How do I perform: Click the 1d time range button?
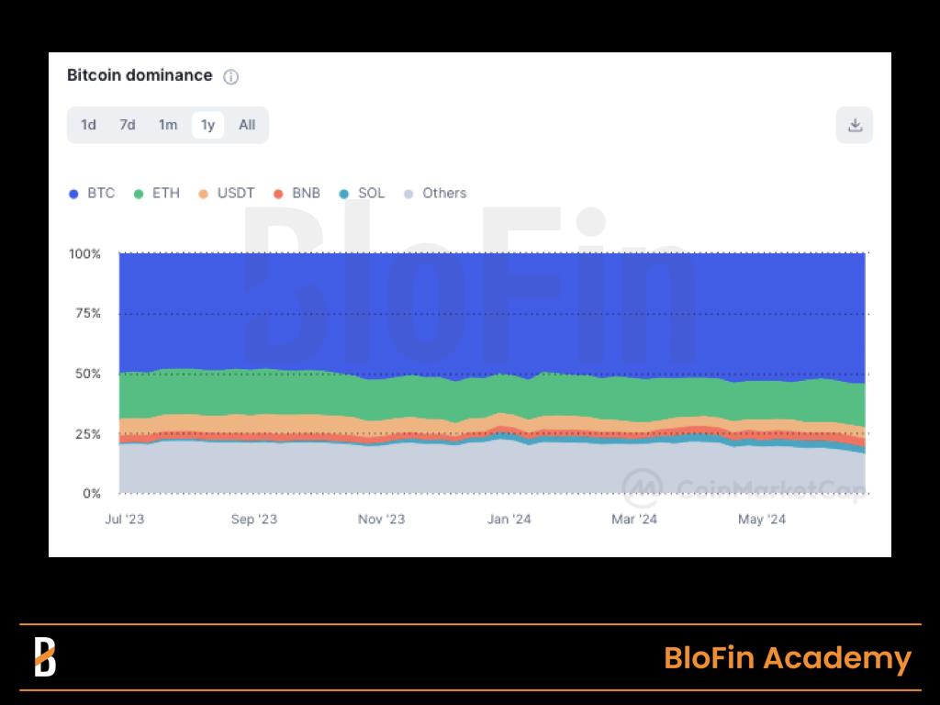click(88, 125)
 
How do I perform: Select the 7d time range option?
click(128, 125)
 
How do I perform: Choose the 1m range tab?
click(167, 125)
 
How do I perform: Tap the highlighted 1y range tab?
click(207, 125)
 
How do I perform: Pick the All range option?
click(247, 125)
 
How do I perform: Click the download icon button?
click(855, 125)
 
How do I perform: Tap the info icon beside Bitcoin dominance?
click(231, 77)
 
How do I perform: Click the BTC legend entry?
click(93, 194)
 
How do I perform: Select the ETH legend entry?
click(158, 194)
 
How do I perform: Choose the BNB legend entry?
click(297, 194)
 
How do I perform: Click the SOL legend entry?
click(363, 194)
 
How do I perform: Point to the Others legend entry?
click(436, 194)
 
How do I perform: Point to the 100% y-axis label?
click(84, 253)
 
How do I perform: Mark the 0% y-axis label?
click(91, 494)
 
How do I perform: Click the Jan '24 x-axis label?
click(509, 520)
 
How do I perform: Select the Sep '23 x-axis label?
click(254, 520)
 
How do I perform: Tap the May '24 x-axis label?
click(762, 520)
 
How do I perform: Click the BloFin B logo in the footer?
click(45, 657)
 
